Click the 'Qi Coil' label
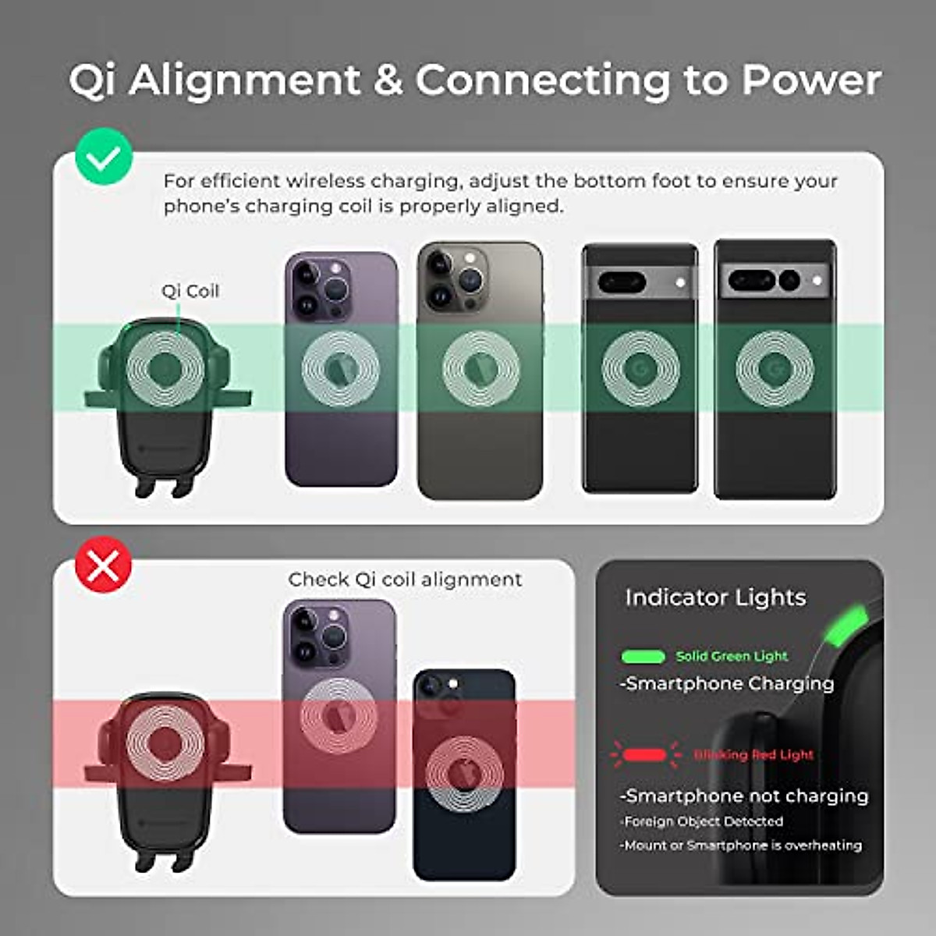[x=190, y=291]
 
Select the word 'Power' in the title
[x=811, y=80]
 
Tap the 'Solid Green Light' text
[x=732, y=656]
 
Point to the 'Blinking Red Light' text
[x=753, y=754]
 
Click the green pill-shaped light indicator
[x=643, y=657]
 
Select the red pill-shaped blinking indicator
[x=645, y=755]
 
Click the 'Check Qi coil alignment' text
[x=405, y=580]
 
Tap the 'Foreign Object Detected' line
[x=702, y=821]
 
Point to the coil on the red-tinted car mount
[x=165, y=743]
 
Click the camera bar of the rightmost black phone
[x=775, y=280]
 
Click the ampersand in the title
[x=388, y=80]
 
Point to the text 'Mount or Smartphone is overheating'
[x=741, y=845]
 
